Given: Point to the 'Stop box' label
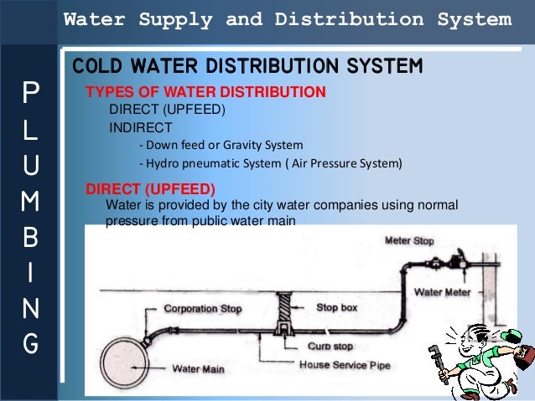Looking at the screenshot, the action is point(337,307).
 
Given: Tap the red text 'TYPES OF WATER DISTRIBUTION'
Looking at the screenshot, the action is point(206,92).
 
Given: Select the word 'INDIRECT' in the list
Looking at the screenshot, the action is point(141,127).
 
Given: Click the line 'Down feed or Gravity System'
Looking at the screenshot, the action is point(221,145).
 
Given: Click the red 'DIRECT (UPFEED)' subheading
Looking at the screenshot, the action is point(151,188).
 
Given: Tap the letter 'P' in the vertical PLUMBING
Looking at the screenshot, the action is point(30,91).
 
